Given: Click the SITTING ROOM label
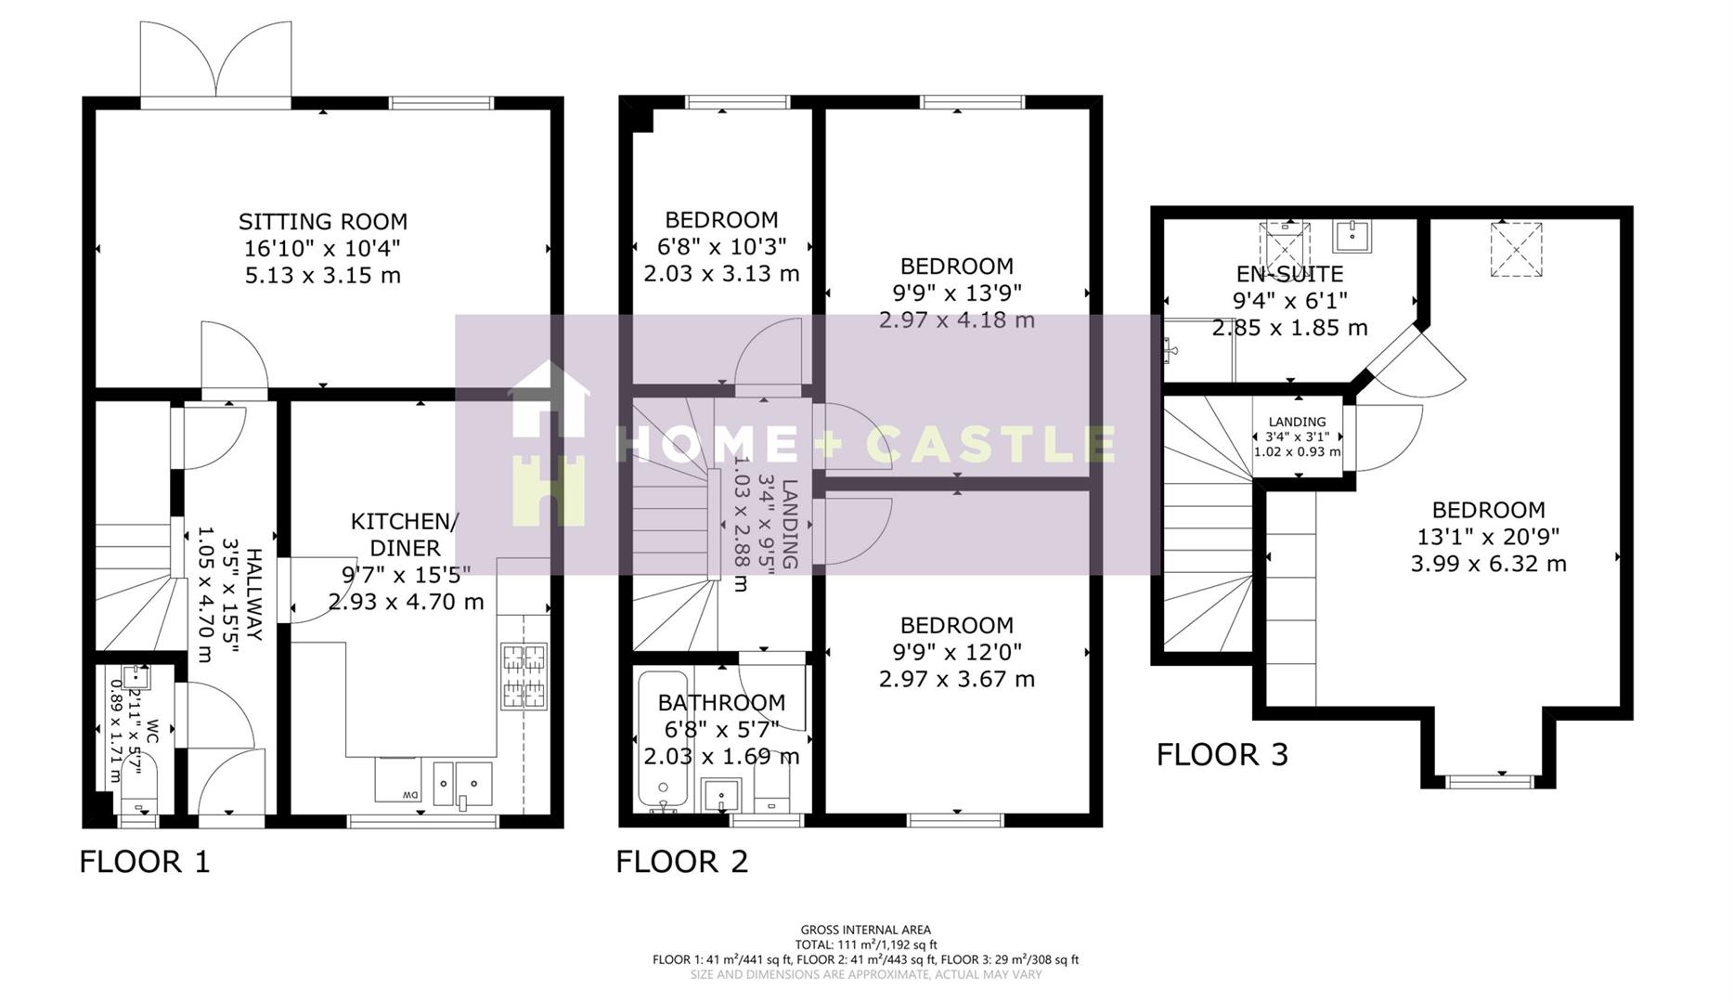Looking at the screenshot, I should coord(322,222).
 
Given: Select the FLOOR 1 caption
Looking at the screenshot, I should coord(145,862).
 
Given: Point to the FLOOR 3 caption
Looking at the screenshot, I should coord(1222,754).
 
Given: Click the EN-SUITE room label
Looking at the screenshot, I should coord(1289,274).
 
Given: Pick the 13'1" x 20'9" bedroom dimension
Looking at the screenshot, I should coord(1488,537).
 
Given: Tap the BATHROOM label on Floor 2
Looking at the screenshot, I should coord(721,703).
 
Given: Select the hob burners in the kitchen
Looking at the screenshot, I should coord(524,676).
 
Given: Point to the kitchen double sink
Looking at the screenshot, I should coord(463,783).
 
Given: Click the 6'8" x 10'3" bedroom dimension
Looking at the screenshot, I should coord(721,247).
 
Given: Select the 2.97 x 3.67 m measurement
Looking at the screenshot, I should coord(956,679).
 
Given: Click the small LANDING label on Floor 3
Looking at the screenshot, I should coord(1297,422).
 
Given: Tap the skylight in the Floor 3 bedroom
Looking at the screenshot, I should coord(1516,248).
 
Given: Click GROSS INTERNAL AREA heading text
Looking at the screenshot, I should coord(865,930).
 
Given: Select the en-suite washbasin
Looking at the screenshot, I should coord(1351,236).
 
